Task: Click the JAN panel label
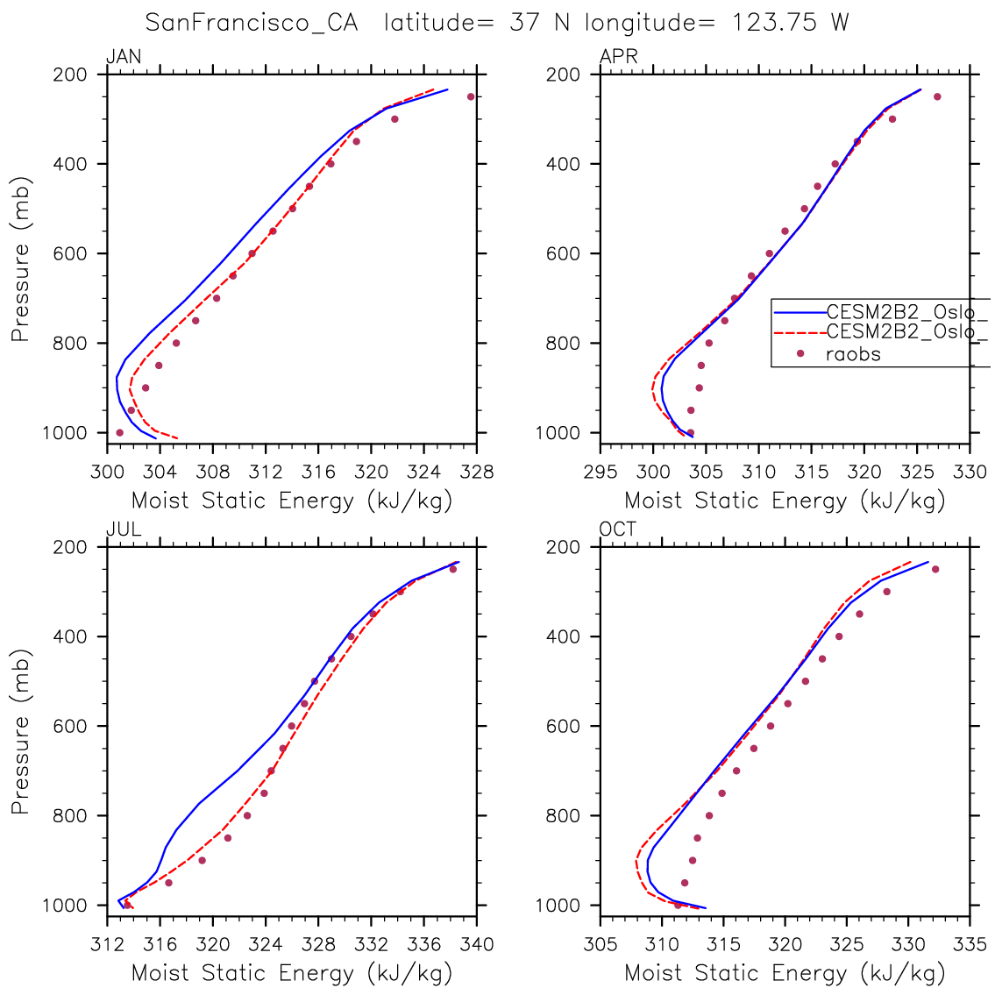(x=124, y=57)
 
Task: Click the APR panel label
(x=618, y=57)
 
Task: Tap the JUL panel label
(x=124, y=529)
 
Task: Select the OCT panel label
(x=618, y=529)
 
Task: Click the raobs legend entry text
(x=853, y=354)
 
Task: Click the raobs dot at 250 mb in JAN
(x=471, y=96)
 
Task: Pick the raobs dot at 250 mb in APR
(x=937, y=96)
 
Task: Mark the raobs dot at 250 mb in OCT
(x=935, y=569)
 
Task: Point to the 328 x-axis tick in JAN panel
(x=477, y=473)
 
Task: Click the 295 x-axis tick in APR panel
(x=601, y=473)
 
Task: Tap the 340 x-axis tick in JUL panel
(x=477, y=945)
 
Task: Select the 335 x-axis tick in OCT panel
(x=970, y=945)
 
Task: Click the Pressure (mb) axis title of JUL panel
(x=20, y=732)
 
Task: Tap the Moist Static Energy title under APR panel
(x=785, y=501)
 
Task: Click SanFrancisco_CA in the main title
(x=252, y=23)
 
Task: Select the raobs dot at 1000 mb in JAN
(x=119, y=432)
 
